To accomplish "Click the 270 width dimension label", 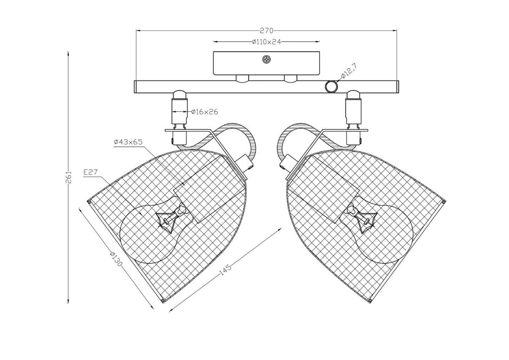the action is tap(266, 31).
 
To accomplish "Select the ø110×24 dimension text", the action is tap(266, 42).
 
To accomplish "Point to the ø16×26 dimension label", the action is tap(204, 112).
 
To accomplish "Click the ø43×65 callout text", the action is tap(129, 142).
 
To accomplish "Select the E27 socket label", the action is tap(90, 173).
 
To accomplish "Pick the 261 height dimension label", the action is tap(69, 177).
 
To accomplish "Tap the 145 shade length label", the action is tap(226, 270).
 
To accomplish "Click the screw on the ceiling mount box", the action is tap(266, 60).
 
